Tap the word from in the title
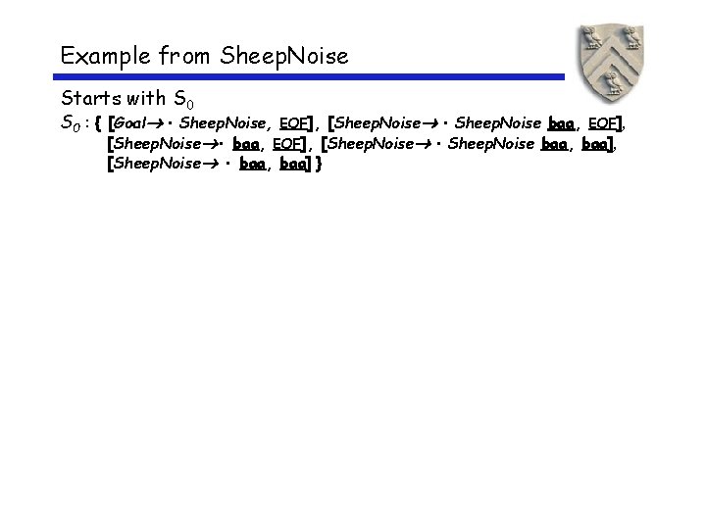pos(177,57)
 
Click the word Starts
pos(89,99)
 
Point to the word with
pos(146,99)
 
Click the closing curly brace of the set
pos(319,164)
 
